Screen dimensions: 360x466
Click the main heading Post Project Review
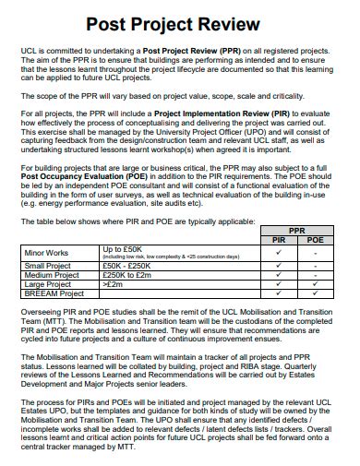click(179, 24)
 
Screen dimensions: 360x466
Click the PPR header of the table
click(296, 231)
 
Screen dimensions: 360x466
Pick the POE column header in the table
click(315, 240)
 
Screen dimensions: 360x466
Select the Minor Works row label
click(46, 252)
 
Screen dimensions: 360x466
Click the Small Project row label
click(47, 266)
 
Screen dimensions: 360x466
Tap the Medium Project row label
click(51, 275)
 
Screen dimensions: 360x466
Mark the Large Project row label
click(47, 284)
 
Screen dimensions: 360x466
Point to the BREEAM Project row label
click(54, 293)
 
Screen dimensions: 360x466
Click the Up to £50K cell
click(122, 248)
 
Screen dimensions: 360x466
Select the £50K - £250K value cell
click(128, 266)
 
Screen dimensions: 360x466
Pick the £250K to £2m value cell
click(128, 275)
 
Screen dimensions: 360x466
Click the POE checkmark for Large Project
click(315, 284)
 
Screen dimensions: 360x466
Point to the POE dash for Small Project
click(315, 266)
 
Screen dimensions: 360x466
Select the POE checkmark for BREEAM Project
click(315, 293)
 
